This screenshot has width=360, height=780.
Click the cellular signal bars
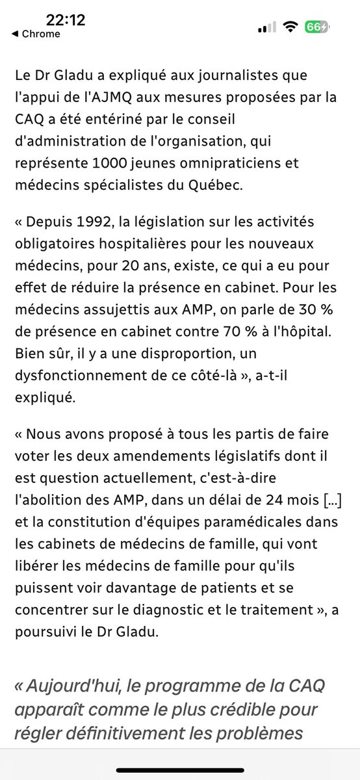click(266, 29)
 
